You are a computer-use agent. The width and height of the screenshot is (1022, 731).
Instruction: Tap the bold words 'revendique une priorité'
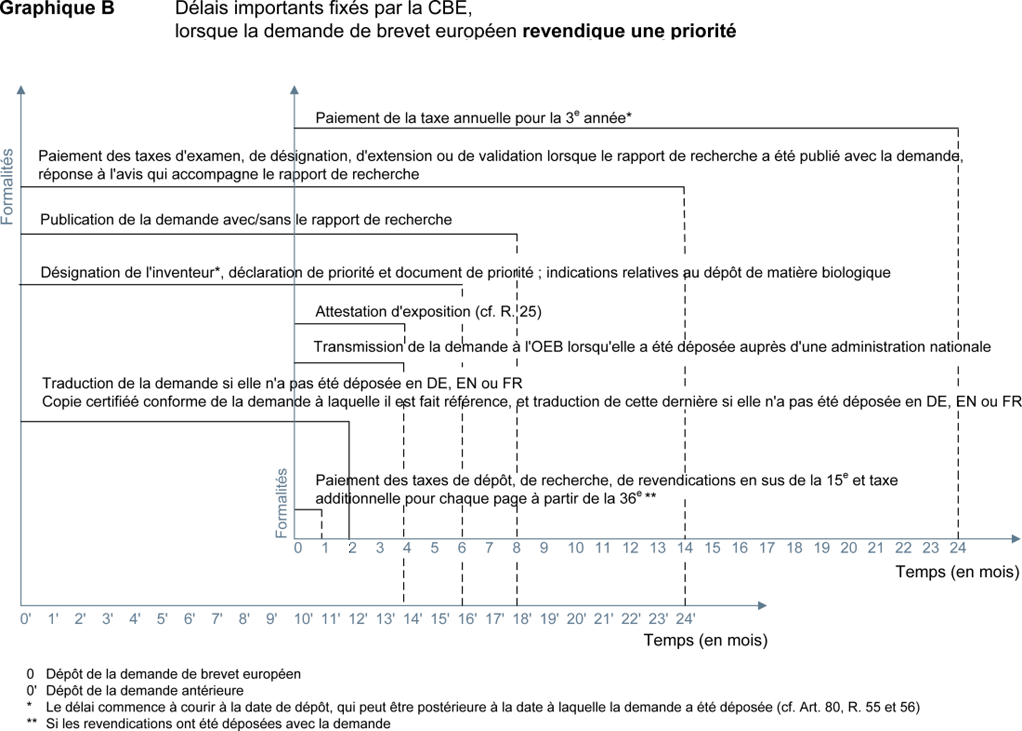(629, 31)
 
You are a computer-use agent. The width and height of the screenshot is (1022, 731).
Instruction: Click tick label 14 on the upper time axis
(685, 548)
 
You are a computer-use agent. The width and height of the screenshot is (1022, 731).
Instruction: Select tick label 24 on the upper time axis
(958, 548)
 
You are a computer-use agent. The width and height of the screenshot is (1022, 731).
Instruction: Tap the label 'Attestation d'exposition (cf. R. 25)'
(428, 311)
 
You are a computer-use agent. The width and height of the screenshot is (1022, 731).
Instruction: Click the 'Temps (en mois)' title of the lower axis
(705, 640)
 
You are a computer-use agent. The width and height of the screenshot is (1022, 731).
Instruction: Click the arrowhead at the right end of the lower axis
(762, 605)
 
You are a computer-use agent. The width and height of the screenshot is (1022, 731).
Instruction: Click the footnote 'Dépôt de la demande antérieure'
(144, 691)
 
